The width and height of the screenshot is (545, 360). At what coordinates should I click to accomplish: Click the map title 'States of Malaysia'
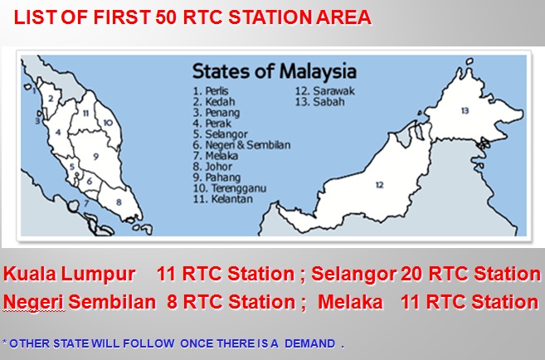click(275, 71)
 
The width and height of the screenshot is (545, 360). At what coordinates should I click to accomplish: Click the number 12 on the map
click(379, 185)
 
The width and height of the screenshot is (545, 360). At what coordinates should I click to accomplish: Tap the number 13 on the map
click(465, 109)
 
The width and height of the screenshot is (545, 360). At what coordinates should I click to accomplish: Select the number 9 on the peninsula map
click(96, 155)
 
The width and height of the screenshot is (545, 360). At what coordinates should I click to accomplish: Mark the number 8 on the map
click(119, 202)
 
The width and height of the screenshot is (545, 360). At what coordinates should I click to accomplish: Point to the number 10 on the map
click(108, 123)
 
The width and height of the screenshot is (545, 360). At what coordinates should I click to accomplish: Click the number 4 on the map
click(58, 132)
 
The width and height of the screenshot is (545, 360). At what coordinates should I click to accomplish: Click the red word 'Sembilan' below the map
click(112, 302)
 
